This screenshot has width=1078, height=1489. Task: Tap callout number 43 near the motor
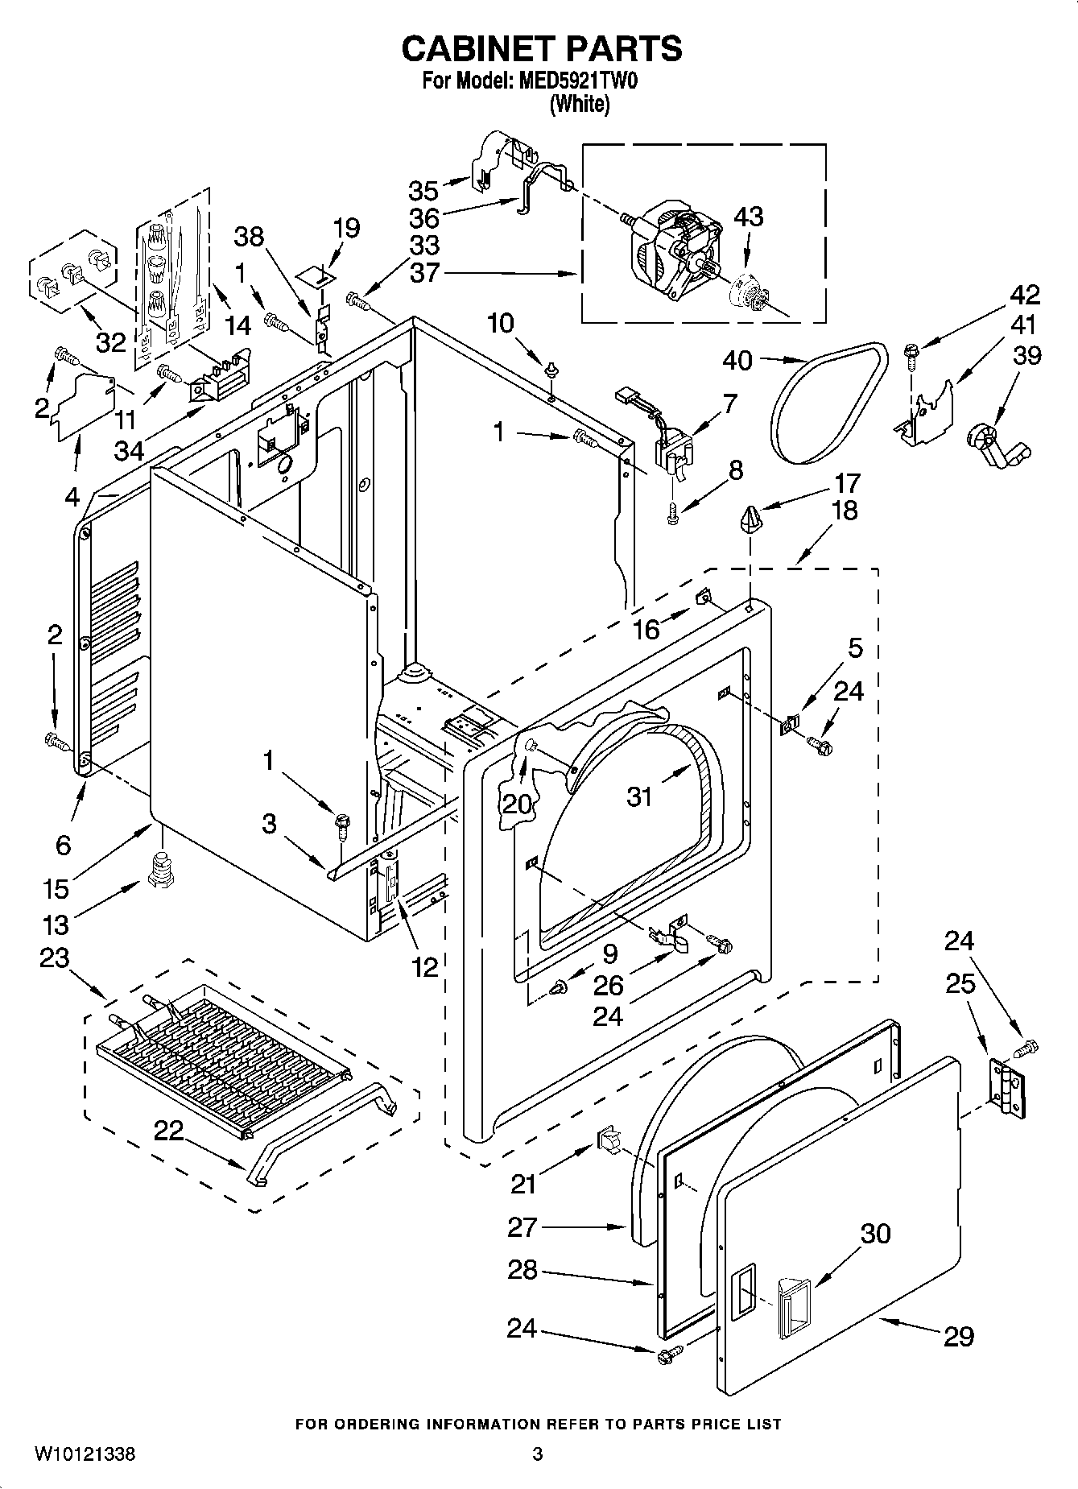(749, 217)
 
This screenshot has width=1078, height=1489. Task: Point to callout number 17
(847, 483)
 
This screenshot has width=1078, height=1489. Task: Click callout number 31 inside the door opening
(640, 796)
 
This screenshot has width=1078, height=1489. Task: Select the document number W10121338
(85, 1454)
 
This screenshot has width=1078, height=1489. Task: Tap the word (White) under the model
(579, 105)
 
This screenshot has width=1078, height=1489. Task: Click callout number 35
(423, 191)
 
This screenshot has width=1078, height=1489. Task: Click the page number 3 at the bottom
(537, 1454)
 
